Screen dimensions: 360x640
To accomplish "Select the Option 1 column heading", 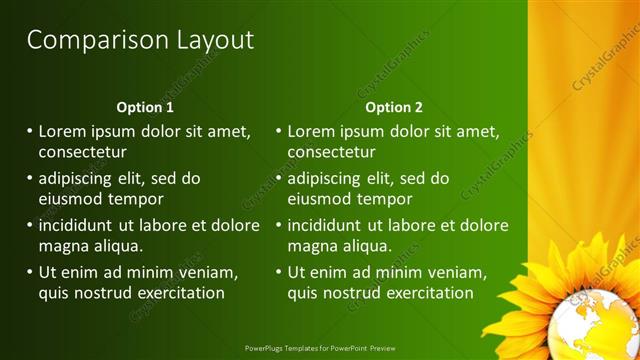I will click(x=145, y=107).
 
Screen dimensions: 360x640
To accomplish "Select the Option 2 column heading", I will click(x=394, y=107).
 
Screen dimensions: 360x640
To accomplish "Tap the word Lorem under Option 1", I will click(x=63, y=131).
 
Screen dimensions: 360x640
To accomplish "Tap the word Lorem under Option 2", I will click(x=312, y=131).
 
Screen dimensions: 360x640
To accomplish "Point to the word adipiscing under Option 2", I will click(x=325, y=179).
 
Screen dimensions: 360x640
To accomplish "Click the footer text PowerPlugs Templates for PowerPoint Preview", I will click(x=319, y=349).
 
